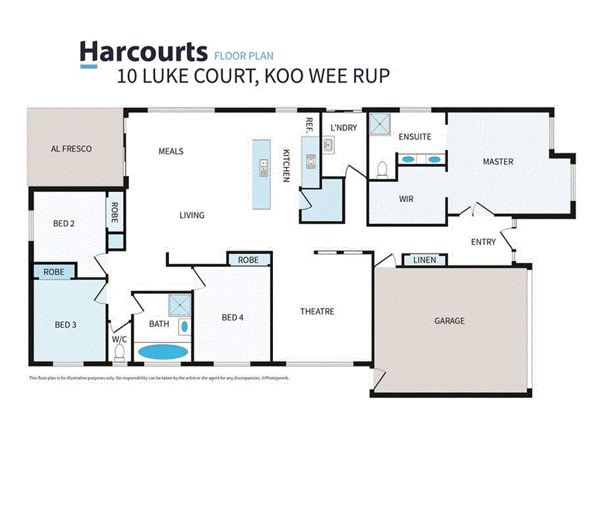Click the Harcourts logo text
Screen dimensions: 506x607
point(143,52)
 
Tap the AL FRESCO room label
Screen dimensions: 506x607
point(71,148)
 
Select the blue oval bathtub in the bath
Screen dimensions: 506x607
point(162,352)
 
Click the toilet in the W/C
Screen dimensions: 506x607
point(120,353)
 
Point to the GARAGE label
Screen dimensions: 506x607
point(449,320)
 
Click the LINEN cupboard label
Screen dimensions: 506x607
point(425,260)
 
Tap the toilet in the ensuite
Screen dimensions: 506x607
point(382,168)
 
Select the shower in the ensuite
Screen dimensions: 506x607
point(380,124)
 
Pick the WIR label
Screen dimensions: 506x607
point(407,200)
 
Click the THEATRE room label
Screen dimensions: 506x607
point(318,312)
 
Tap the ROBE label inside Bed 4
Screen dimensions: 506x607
point(249,259)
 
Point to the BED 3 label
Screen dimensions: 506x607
point(65,325)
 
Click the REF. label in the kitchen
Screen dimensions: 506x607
point(309,125)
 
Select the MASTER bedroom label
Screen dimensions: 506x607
point(498,162)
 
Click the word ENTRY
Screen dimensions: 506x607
point(483,242)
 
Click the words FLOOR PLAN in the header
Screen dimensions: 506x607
point(244,56)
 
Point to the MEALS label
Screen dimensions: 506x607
point(171,151)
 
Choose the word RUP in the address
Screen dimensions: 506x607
point(371,75)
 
